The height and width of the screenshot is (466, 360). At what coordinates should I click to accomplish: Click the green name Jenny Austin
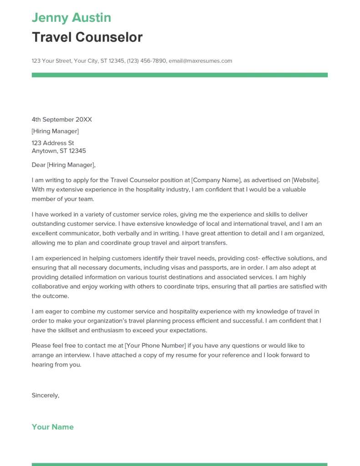pyautogui.click(x=71, y=18)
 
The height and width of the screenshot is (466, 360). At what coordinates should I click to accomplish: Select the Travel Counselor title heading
pyautogui.click(x=87, y=37)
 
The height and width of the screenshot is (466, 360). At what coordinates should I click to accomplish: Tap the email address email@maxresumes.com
pyautogui.click(x=200, y=61)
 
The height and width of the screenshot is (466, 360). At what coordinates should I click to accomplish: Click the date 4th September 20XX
pyautogui.click(x=62, y=120)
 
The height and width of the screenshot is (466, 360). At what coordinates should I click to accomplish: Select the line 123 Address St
pyautogui.click(x=53, y=143)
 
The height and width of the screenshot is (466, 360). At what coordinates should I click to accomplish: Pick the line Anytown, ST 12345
pyautogui.click(x=59, y=151)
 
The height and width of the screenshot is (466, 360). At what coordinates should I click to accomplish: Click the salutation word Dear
pyautogui.click(x=39, y=165)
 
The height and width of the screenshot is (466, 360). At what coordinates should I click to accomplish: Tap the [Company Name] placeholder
pyautogui.click(x=217, y=180)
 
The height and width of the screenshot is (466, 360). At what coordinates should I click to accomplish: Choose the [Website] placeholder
pyautogui.click(x=305, y=180)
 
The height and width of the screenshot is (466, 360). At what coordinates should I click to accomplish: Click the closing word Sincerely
pyautogui.click(x=45, y=395)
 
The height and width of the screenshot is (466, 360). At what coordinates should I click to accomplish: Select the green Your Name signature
pyautogui.click(x=53, y=427)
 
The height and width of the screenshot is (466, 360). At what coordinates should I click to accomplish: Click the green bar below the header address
pyautogui.click(x=179, y=75)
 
